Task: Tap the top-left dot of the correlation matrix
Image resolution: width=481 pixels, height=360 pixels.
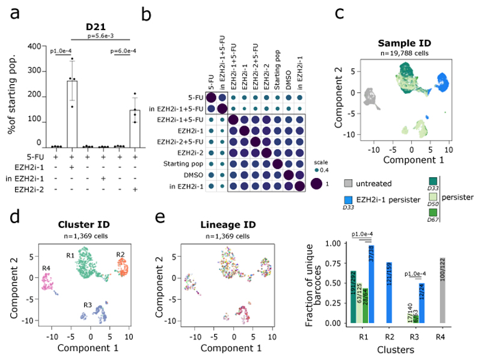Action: click(x=212, y=99)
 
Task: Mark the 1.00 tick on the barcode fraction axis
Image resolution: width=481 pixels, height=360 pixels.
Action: click(x=335, y=243)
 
